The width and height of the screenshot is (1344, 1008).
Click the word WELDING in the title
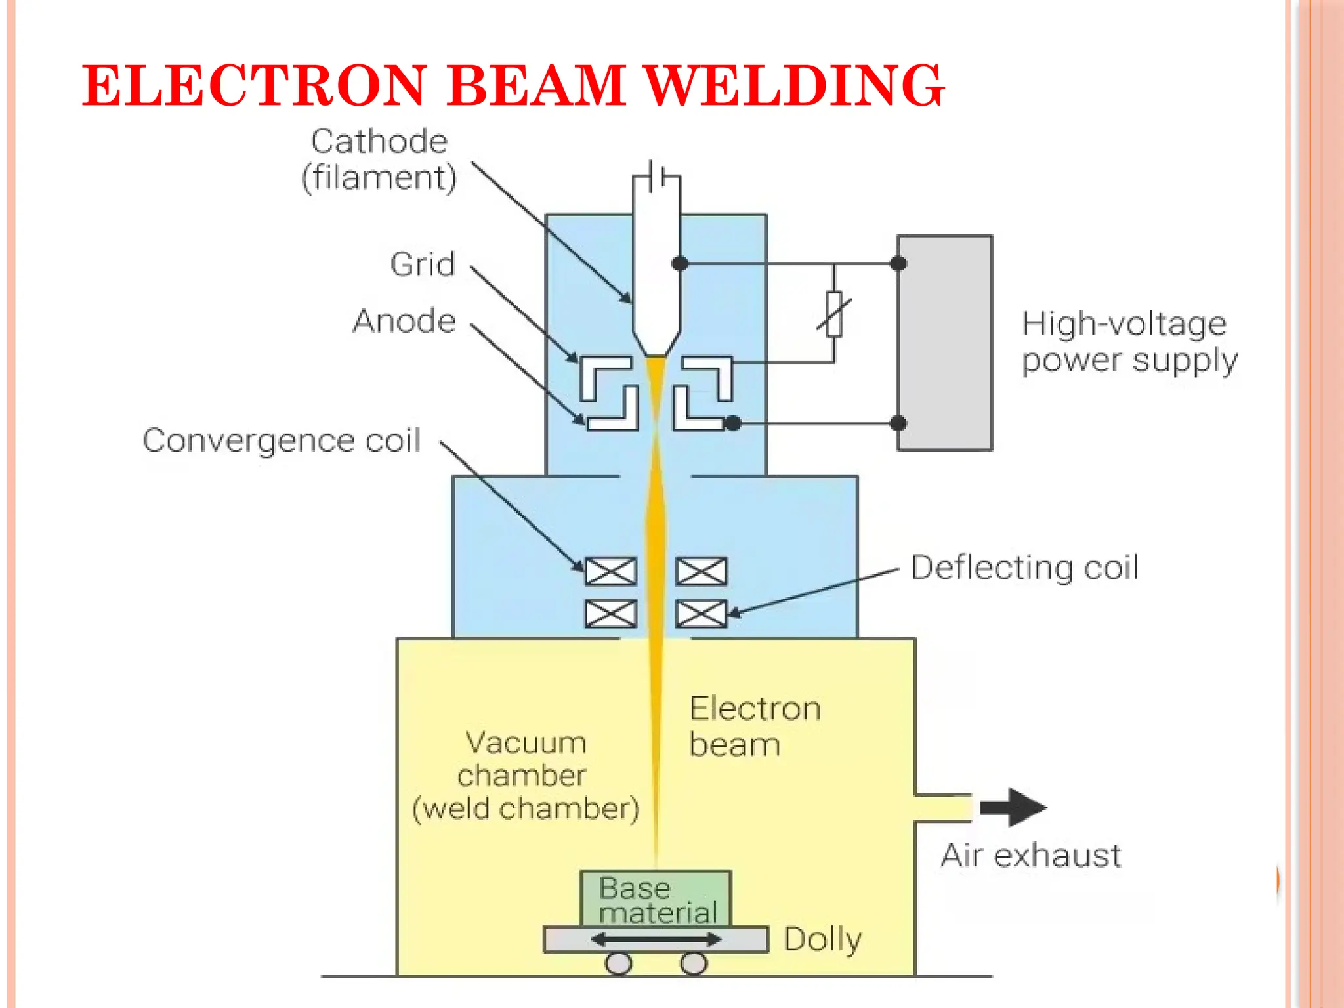tap(794, 85)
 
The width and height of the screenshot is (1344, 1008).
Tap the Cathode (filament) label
tap(379, 159)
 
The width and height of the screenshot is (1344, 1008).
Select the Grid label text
tap(422, 264)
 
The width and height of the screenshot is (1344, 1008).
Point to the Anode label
tap(404, 321)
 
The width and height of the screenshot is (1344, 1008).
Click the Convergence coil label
tap(282, 440)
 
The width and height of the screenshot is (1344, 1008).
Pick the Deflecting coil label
tap(1024, 567)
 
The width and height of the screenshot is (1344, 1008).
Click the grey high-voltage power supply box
tap(944, 343)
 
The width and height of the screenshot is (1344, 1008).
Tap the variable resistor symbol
tap(834, 314)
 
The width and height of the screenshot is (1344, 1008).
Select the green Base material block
tap(656, 898)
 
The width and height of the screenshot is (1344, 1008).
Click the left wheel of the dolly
tap(618, 963)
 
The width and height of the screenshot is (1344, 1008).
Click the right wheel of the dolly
tap(694, 963)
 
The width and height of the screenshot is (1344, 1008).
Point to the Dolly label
tap(822, 939)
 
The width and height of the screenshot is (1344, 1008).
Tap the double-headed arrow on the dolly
tap(656, 940)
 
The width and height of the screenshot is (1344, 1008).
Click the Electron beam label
tap(755, 726)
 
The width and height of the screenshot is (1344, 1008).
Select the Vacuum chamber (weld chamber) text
tap(525, 776)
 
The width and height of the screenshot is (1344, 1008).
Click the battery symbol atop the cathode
tap(657, 177)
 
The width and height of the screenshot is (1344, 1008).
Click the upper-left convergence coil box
tap(611, 572)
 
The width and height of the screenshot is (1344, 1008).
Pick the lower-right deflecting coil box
tap(702, 614)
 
